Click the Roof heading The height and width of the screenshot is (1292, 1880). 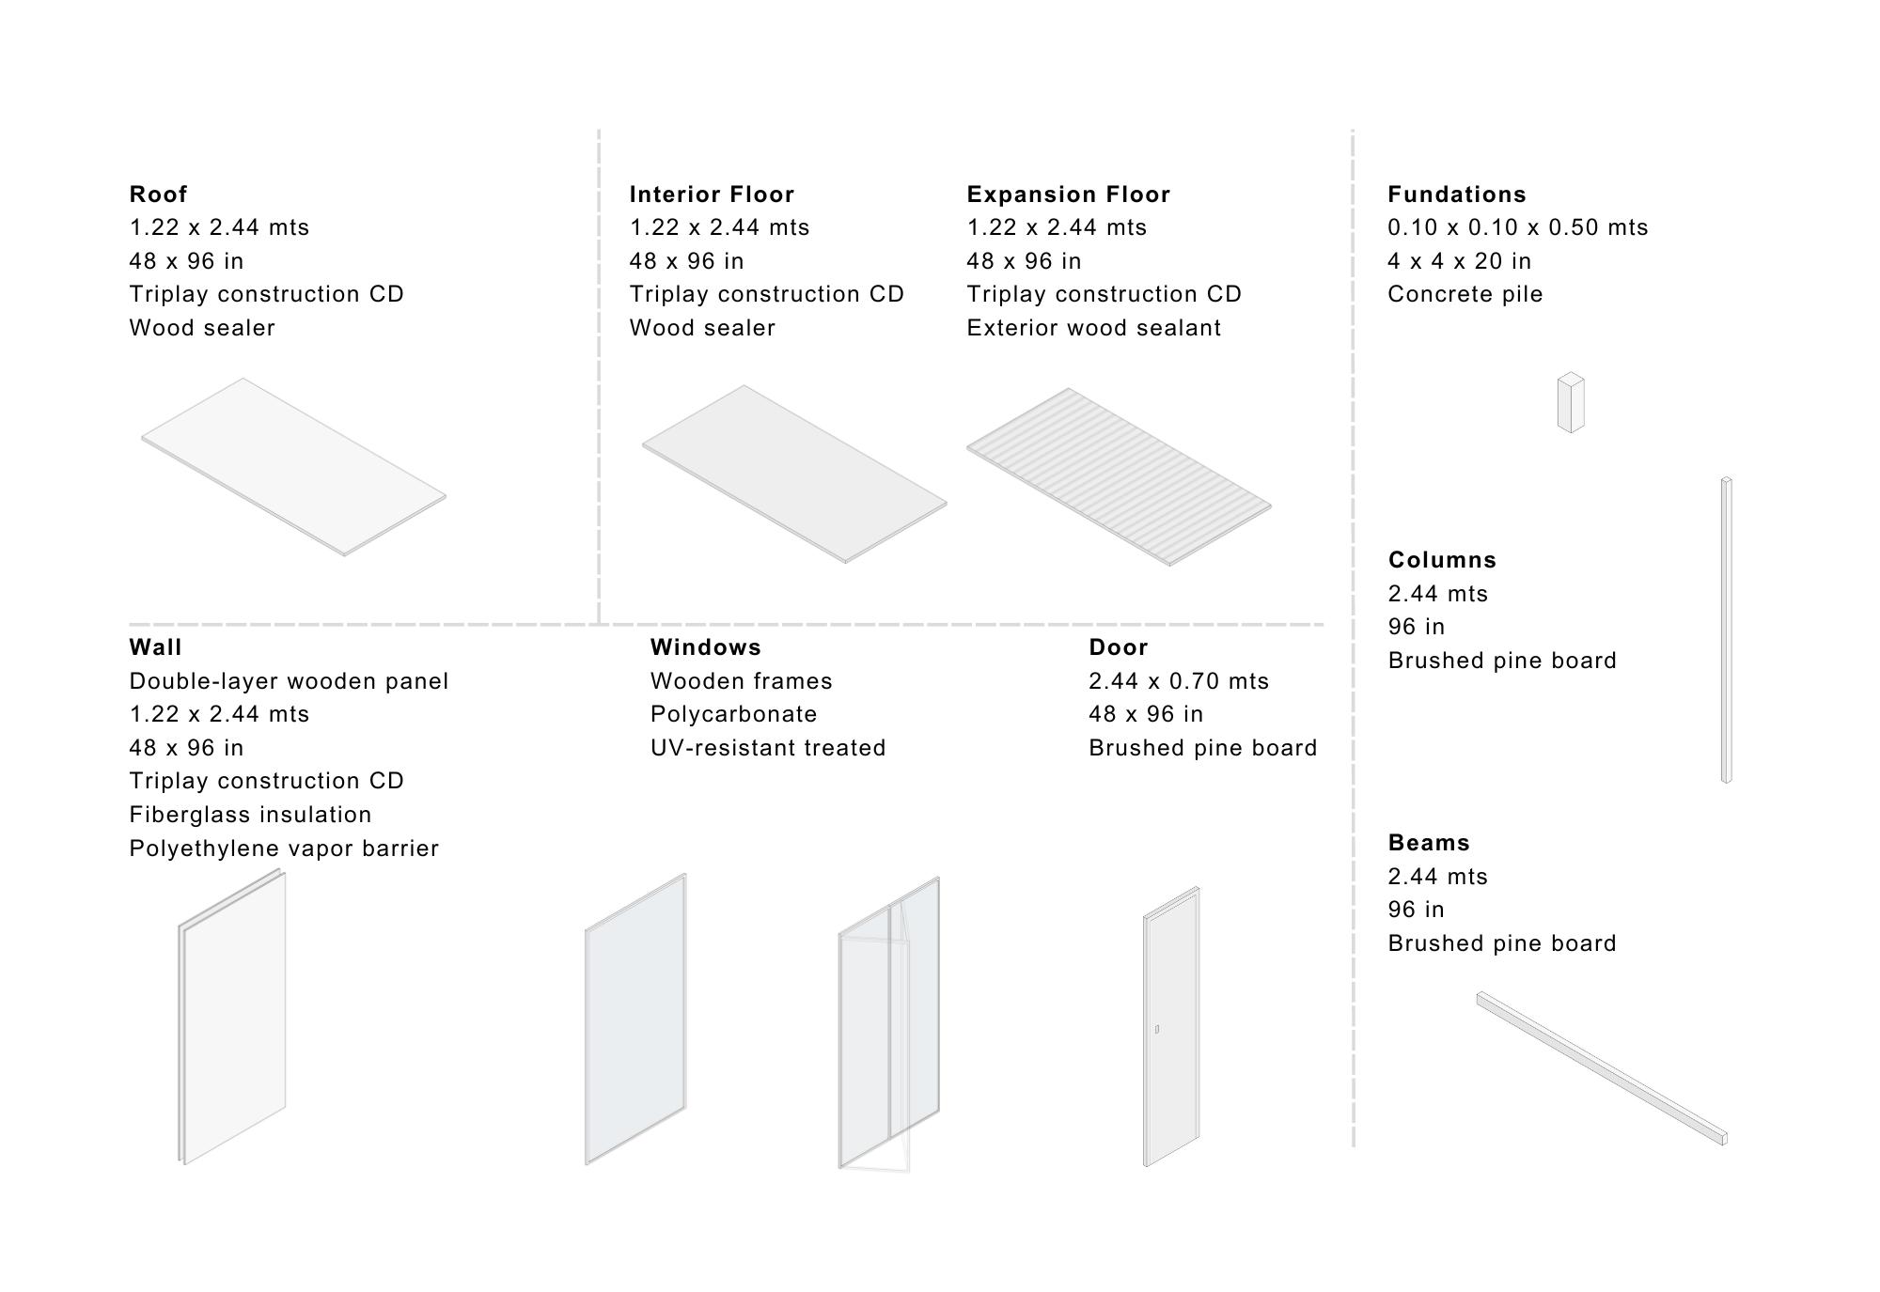[x=158, y=195]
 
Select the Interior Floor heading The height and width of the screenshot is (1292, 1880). [x=712, y=195]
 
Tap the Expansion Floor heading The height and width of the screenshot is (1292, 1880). [x=1068, y=195]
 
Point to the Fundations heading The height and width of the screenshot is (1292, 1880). [x=1456, y=195]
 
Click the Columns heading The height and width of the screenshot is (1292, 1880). [x=1442, y=560]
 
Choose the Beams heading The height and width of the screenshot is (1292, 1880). [x=1429, y=843]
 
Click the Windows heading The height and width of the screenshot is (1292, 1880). [x=705, y=647]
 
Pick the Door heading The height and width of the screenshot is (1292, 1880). [x=1118, y=647]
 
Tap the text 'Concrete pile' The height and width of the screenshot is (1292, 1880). [x=1465, y=294]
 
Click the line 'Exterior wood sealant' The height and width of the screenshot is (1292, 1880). [x=1093, y=328]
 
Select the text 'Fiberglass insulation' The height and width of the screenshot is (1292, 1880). [x=250, y=815]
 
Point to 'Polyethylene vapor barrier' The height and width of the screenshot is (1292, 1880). [x=284, y=848]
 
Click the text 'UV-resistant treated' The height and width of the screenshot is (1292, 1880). [x=767, y=748]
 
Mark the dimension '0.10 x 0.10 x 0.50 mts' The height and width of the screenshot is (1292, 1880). [x=1517, y=227]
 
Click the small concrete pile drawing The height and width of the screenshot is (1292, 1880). [x=1570, y=403]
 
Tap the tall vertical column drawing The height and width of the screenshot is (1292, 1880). [x=1726, y=630]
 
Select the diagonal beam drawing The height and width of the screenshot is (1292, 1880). [x=1601, y=1068]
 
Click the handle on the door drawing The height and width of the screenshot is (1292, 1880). [x=1156, y=1030]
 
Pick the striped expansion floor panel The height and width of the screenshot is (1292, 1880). [x=1119, y=476]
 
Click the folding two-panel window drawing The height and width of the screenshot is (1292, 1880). [x=888, y=1024]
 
